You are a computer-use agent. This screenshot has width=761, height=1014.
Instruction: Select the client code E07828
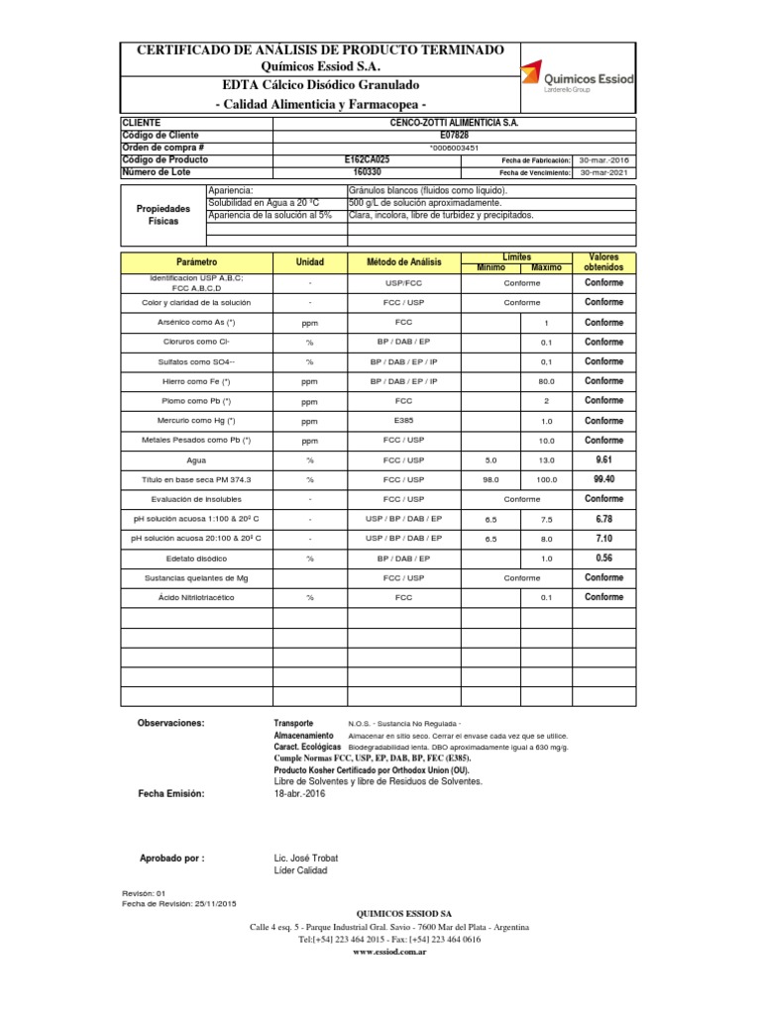pyautogui.click(x=367, y=135)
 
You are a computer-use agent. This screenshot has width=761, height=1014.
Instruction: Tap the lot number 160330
pyautogui.click(x=367, y=171)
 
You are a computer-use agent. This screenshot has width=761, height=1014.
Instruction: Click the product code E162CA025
pyautogui.click(x=367, y=159)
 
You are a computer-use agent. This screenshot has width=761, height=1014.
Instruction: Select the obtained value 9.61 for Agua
pyautogui.click(x=603, y=459)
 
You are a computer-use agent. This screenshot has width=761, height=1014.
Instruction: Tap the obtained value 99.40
pyautogui.click(x=603, y=479)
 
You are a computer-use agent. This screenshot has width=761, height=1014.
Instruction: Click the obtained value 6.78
pyautogui.click(x=603, y=519)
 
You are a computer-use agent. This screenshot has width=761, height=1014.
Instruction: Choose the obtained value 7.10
pyautogui.click(x=603, y=538)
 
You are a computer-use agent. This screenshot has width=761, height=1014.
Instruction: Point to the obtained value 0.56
pyautogui.click(x=603, y=558)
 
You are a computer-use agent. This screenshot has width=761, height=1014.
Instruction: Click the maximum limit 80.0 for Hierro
pyautogui.click(x=546, y=381)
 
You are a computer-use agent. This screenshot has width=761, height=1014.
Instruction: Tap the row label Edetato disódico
pyautogui.click(x=195, y=558)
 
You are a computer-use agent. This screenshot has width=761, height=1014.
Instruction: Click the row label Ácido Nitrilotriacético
pyautogui.click(x=195, y=598)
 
